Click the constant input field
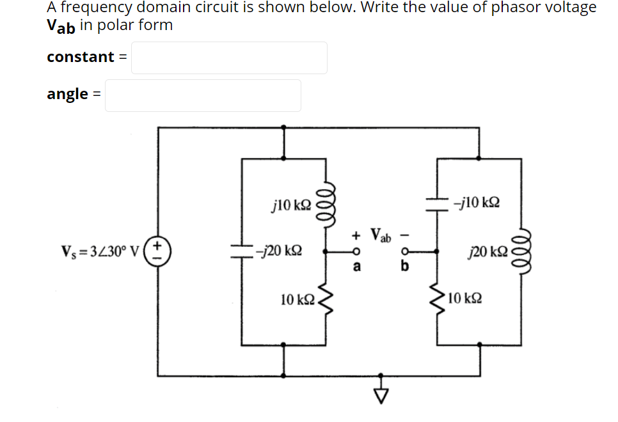point(229,58)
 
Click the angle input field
point(203,95)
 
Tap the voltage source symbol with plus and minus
point(158,251)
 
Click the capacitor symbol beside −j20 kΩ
point(241,252)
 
